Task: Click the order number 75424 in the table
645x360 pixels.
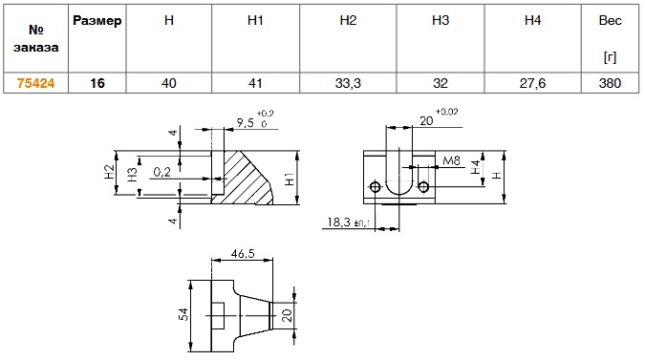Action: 35,83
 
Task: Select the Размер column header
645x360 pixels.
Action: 97,21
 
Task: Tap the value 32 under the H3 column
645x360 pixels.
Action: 441,83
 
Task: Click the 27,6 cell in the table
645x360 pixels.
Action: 532,83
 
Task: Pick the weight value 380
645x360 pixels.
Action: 610,83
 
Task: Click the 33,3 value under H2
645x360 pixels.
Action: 348,83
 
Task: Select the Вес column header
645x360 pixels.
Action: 610,21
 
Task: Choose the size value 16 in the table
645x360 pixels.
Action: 97,83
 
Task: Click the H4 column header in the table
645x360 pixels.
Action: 532,21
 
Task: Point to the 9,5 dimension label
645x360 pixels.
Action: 246,122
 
